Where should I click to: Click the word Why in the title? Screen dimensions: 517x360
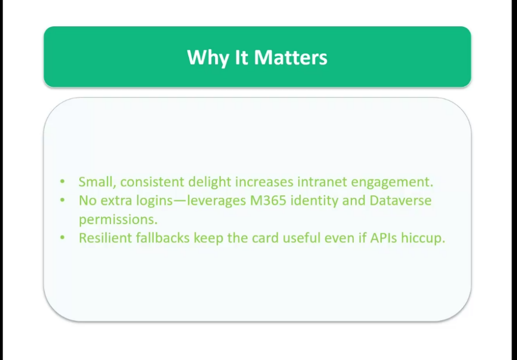[x=208, y=58]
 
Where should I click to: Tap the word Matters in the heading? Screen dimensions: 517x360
[x=291, y=58]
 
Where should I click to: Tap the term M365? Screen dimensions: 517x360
[x=268, y=200]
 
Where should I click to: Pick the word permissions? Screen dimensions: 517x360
[x=118, y=220]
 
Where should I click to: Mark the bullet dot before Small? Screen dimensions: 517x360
[x=63, y=181]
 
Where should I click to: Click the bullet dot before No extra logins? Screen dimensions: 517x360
[x=63, y=200]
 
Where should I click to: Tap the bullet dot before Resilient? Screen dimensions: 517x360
[x=63, y=237]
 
